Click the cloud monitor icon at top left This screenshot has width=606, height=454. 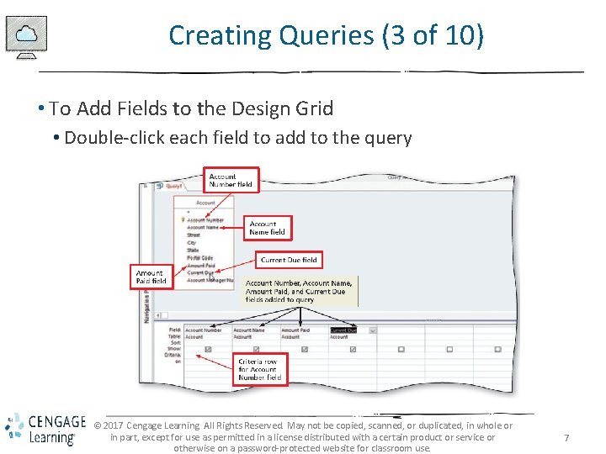point(26,36)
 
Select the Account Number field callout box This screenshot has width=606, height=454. point(231,180)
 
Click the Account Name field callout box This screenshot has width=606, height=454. point(268,228)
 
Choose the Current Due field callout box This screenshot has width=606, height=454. point(290,261)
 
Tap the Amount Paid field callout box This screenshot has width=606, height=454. point(151,277)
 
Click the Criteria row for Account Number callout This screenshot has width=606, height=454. point(260,368)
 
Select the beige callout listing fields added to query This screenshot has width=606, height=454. point(299,291)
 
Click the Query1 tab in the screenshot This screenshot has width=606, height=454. point(173,187)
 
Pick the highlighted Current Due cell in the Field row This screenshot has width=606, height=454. point(343,330)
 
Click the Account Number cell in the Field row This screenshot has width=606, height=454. point(203,330)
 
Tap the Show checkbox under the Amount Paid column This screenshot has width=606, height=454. point(305,349)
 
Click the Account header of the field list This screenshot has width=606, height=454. point(205,203)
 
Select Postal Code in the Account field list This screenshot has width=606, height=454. point(200,258)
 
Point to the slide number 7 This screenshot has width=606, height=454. point(566,438)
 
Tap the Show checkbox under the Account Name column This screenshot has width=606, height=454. point(257,349)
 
